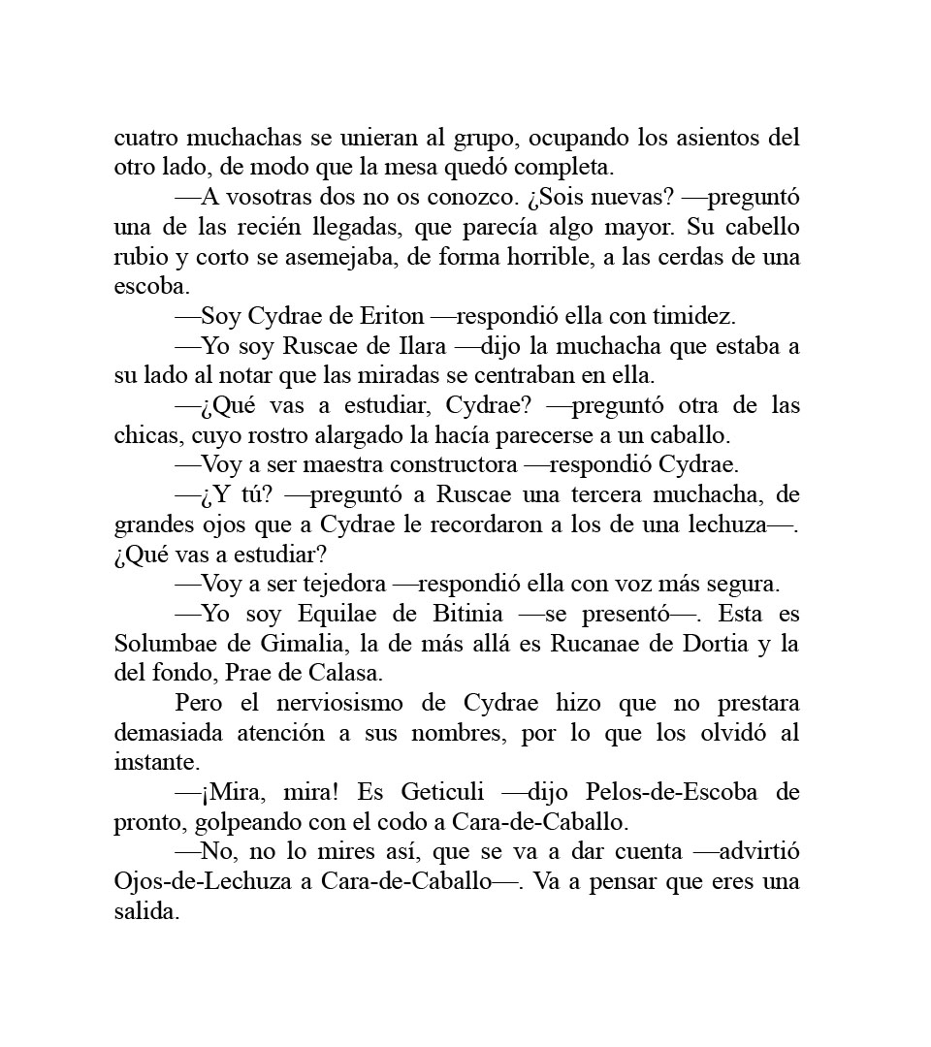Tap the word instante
pos(152,763)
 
